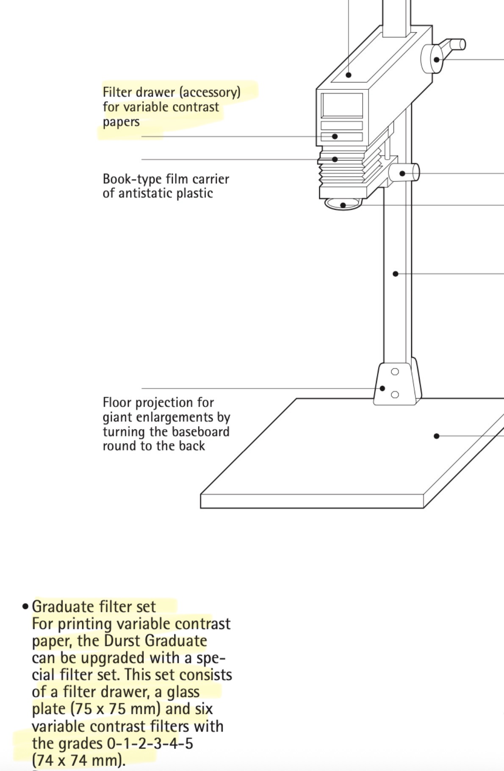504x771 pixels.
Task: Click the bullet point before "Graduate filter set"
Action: (25, 607)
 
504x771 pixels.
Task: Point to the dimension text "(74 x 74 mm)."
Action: (79, 760)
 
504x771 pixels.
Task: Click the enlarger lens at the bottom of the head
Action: (343, 205)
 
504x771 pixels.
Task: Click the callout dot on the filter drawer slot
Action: (335, 136)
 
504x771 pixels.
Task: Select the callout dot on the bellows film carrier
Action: (335, 159)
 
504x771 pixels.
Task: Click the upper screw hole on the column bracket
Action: (395, 372)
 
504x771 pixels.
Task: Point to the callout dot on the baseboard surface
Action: (436, 435)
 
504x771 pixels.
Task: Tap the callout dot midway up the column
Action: (396, 274)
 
